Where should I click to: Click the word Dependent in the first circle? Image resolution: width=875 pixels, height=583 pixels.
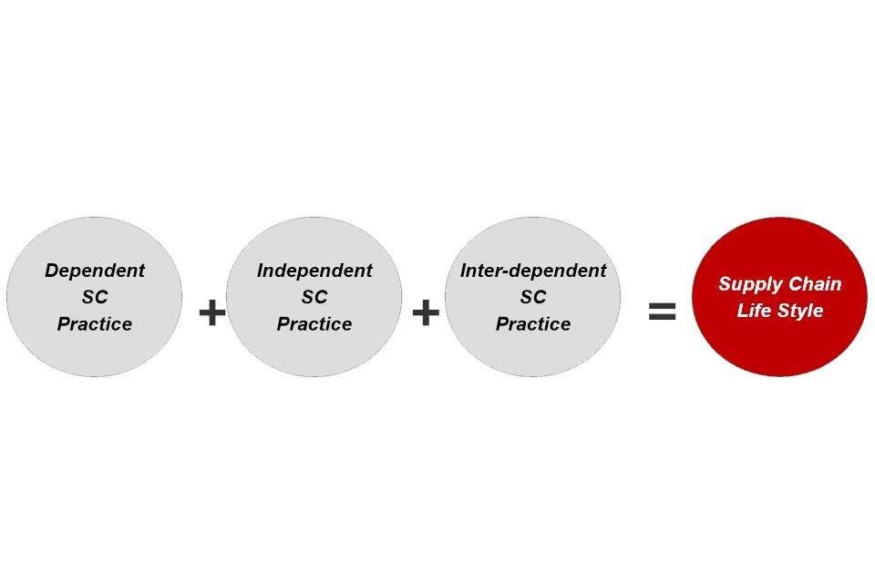point(95,271)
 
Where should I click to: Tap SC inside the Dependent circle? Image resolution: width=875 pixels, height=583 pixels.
point(95,297)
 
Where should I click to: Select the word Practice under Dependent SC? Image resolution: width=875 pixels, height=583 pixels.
point(95,324)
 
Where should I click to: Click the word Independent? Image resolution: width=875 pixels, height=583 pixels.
point(314,271)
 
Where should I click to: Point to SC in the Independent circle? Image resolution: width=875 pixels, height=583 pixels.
point(314,297)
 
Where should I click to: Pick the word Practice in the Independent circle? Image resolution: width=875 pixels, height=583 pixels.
point(314,324)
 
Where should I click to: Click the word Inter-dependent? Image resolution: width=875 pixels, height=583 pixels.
point(533,271)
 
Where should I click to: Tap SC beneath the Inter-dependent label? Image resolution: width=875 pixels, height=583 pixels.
point(533,297)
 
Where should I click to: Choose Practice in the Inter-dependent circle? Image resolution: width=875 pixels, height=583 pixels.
point(533,324)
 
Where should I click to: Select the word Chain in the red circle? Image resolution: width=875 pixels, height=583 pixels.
point(815,283)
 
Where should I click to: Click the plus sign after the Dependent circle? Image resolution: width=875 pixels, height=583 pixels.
point(212,312)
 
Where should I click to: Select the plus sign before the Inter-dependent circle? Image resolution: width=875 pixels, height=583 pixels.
point(426,312)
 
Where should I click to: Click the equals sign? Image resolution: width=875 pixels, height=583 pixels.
point(663,312)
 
